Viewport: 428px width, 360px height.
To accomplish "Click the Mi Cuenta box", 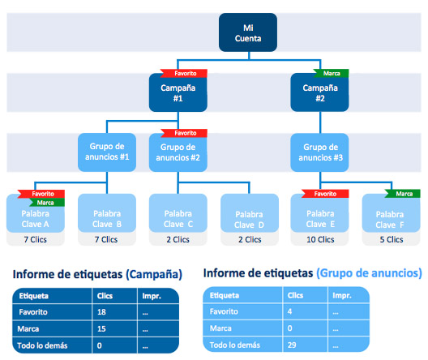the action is tap(248, 32).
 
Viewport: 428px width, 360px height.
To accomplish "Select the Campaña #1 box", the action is tap(178, 92).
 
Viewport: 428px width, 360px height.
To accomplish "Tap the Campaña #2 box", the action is tap(319, 92).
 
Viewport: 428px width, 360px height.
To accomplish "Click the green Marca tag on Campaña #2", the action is tap(331, 73).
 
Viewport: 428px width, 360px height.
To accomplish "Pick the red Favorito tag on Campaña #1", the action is tap(184, 74).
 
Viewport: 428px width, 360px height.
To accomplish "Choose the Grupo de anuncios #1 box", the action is tap(107, 152).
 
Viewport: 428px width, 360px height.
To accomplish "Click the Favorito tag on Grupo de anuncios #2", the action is tap(184, 133).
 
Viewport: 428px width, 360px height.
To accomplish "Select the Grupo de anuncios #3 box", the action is tap(319, 152).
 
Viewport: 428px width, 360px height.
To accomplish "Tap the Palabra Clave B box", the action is tap(107, 213).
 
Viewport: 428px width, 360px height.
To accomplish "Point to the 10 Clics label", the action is tap(320, 240).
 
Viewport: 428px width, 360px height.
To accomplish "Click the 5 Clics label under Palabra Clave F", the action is tap(392, 240).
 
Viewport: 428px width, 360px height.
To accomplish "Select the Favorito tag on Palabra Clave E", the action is tap(325, 194).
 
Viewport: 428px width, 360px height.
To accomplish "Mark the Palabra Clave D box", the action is tap(250, 213).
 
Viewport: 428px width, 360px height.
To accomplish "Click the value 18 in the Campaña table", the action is tap(101, 312).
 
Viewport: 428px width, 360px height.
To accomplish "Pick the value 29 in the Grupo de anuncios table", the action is tap(292, 345).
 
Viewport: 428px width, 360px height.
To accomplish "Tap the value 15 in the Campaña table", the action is tap(101, 329).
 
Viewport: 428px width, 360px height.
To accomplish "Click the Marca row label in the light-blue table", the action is tap(220, 328).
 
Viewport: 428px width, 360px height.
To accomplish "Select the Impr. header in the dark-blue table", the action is tap(152, 296).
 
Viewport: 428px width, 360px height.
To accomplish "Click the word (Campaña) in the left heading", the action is tap(154, 275).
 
